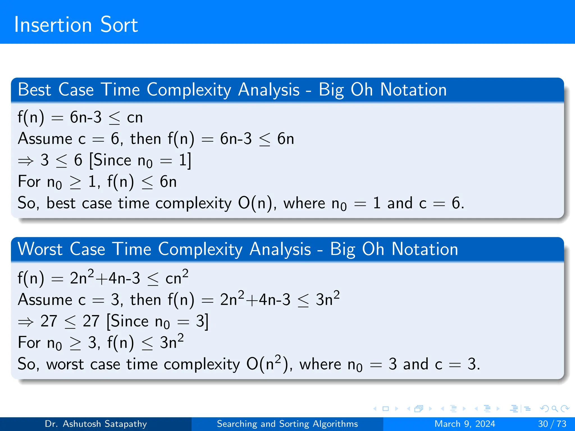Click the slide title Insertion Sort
(x=76, y=25)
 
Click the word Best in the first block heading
(x=34, y=90)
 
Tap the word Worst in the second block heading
(x=40, y=249)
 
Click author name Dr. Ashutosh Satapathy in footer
(x=96, y=424)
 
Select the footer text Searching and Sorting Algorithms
(x=287, y=424)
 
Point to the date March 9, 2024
(x=465, y=424)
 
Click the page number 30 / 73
(x=552, y=424)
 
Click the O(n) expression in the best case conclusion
(x=255, y=203)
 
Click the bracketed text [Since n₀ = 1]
(x=140, y=161)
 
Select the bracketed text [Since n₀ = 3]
(x=157, y=321)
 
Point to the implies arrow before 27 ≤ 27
(x=26, y=322)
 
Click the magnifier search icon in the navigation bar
(x=555, y=409)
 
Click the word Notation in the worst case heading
(x=425, y=249)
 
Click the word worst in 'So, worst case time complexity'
(x=65, y=364)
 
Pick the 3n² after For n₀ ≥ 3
(x=172, y=342)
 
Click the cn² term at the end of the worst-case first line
(x=177, y=278)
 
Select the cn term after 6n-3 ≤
(x=135, y=117)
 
